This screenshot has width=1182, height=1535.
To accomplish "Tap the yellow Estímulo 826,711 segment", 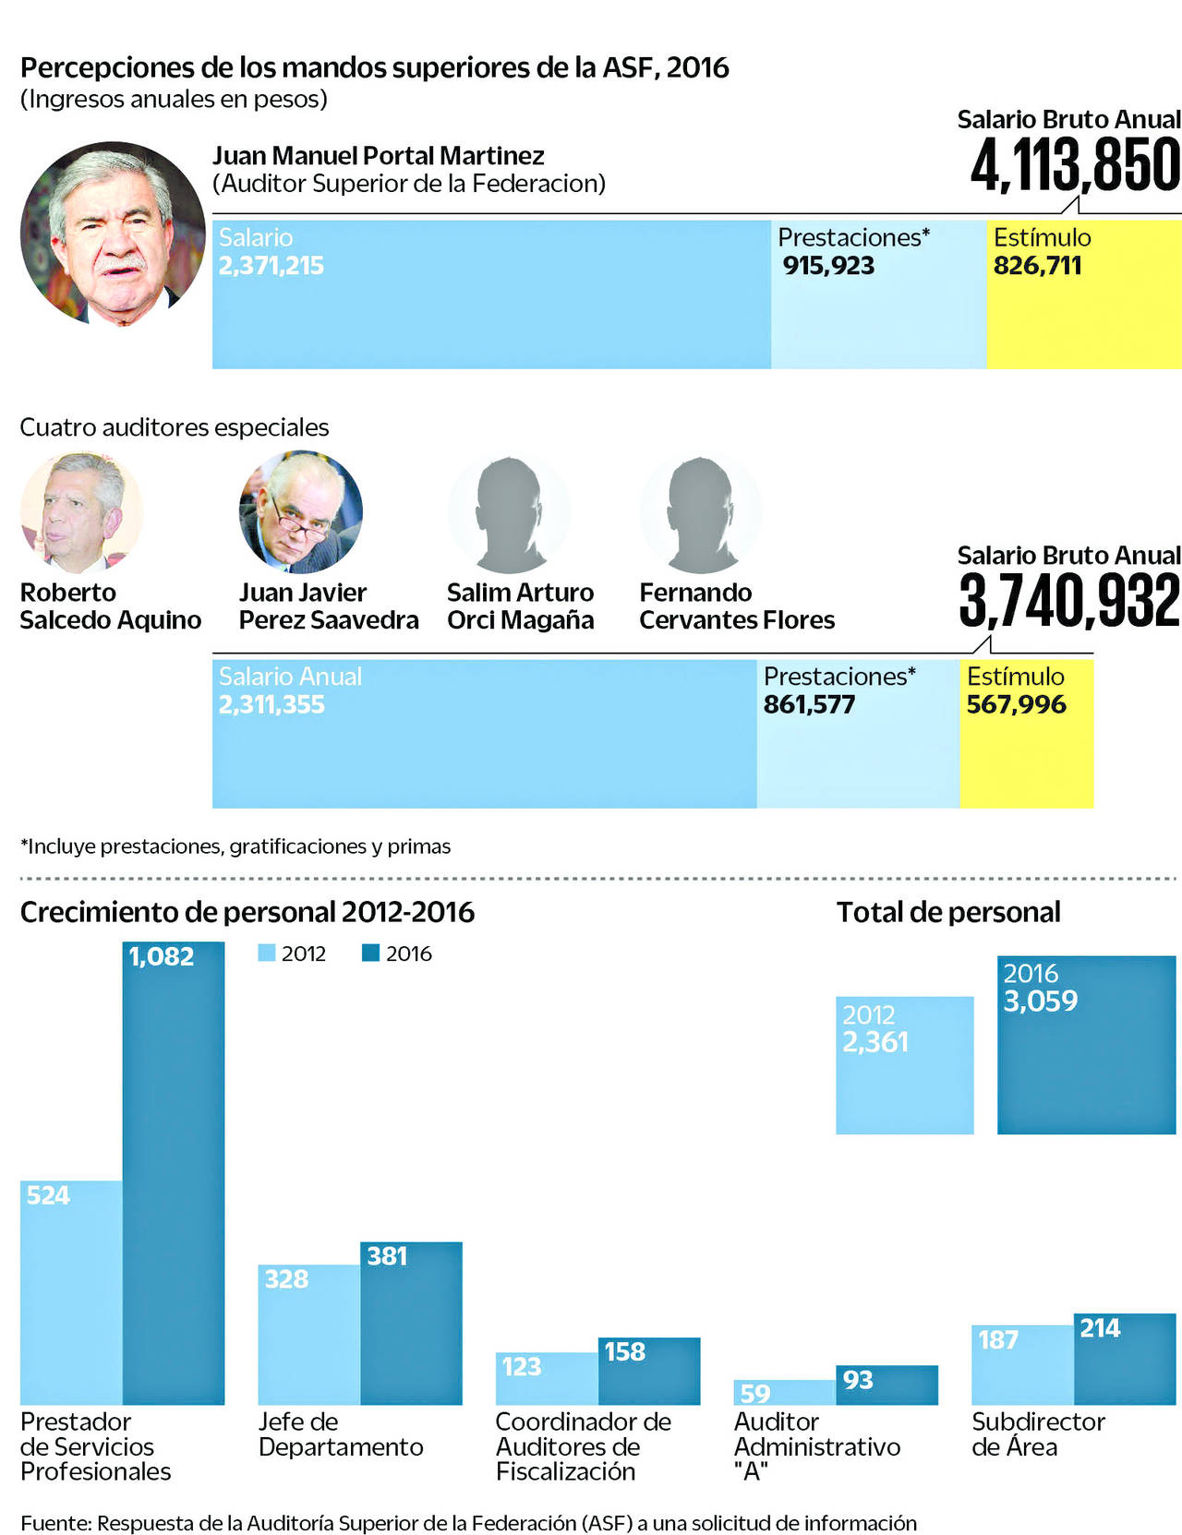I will click(x=1083, y=294).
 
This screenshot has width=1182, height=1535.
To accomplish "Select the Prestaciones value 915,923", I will click(x=828, y=266).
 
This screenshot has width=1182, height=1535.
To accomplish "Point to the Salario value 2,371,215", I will click(x=271, y=266).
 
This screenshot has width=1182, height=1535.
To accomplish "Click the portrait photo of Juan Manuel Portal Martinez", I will click(x=113, y=234).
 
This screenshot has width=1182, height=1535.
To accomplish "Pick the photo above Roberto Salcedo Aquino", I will click(x=81, y=512).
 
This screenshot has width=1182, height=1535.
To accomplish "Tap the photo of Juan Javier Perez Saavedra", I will click(x=300, y=511).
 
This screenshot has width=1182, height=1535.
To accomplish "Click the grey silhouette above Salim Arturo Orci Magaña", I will click(x=509, y=513).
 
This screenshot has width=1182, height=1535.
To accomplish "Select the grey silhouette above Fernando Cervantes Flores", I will click(x=701, y=513).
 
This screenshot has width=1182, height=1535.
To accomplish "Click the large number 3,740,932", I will click(x=1069, y=601).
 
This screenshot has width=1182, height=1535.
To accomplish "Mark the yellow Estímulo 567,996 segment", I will click(x=1026, y=734).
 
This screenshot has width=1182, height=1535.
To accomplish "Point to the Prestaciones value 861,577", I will click(x=809, y=705).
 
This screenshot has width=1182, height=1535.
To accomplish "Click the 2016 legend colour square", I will click(x=370, y=953).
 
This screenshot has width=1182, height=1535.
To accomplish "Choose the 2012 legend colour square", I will click(x=267, y=953).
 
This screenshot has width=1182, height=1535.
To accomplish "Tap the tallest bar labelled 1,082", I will click(x=174, y=1172).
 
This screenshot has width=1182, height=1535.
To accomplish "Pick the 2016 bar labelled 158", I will click(x=649, y=1371).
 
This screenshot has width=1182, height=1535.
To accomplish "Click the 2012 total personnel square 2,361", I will click(x=904, y=1065).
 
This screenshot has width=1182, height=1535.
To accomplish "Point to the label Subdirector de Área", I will click(x=1037, y=1433).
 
